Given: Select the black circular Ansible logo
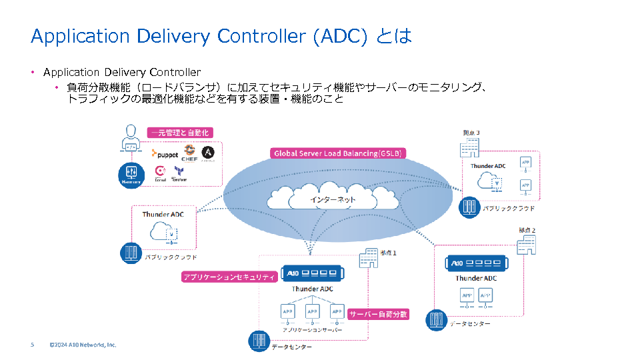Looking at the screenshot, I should click(x=207, y=153).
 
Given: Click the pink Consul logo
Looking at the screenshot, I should click(x=160, y=172).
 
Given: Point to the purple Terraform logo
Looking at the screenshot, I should click(x=179, y=173).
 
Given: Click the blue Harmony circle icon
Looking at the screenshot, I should click(x=130, y=174).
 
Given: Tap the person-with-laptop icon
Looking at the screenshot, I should click(x=131, y=139).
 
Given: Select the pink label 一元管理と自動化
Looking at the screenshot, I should click(x=180, y=133).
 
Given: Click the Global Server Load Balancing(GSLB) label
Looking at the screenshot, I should click(x=339, y=153).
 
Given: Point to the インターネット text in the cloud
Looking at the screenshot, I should click(x=333, y=199).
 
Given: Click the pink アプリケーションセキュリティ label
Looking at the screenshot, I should click(x=229, y=277).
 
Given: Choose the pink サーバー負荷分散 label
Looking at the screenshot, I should click(x=378, y=314).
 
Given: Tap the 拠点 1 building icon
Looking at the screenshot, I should click(x=368, y=259).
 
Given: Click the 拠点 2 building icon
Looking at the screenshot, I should click(x=527, y=244).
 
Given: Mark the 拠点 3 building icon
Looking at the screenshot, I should click(x=471, y=145).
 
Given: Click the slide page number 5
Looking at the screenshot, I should click(x=32, y=345).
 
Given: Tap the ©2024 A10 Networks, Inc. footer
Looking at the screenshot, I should click(x=83, y=345).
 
